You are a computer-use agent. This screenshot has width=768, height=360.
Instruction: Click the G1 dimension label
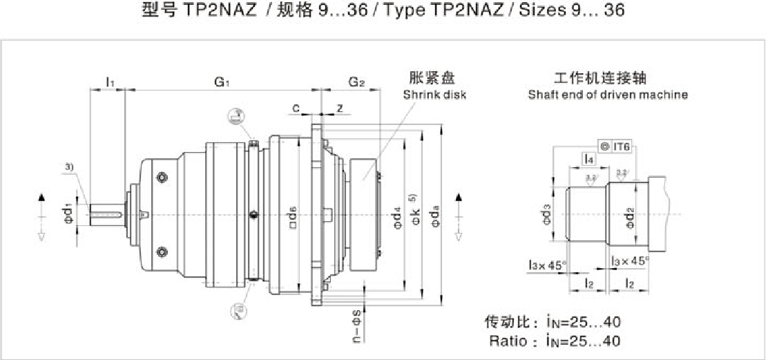(x=221, y=82)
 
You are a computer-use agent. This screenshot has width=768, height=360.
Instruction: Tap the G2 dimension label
(x=356, y=82)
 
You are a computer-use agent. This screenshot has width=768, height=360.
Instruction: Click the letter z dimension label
(x=340, y=108)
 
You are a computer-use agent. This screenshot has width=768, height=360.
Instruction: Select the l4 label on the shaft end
(x=588, y=160)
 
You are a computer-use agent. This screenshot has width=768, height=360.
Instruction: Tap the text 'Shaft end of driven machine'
(x=608, y=95)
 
